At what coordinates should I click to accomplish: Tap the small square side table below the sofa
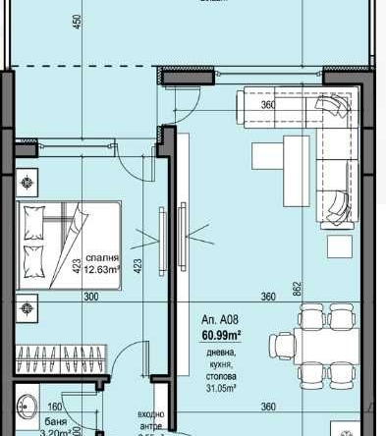coord(341,241)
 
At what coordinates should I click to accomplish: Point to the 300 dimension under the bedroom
coord(91,297)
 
